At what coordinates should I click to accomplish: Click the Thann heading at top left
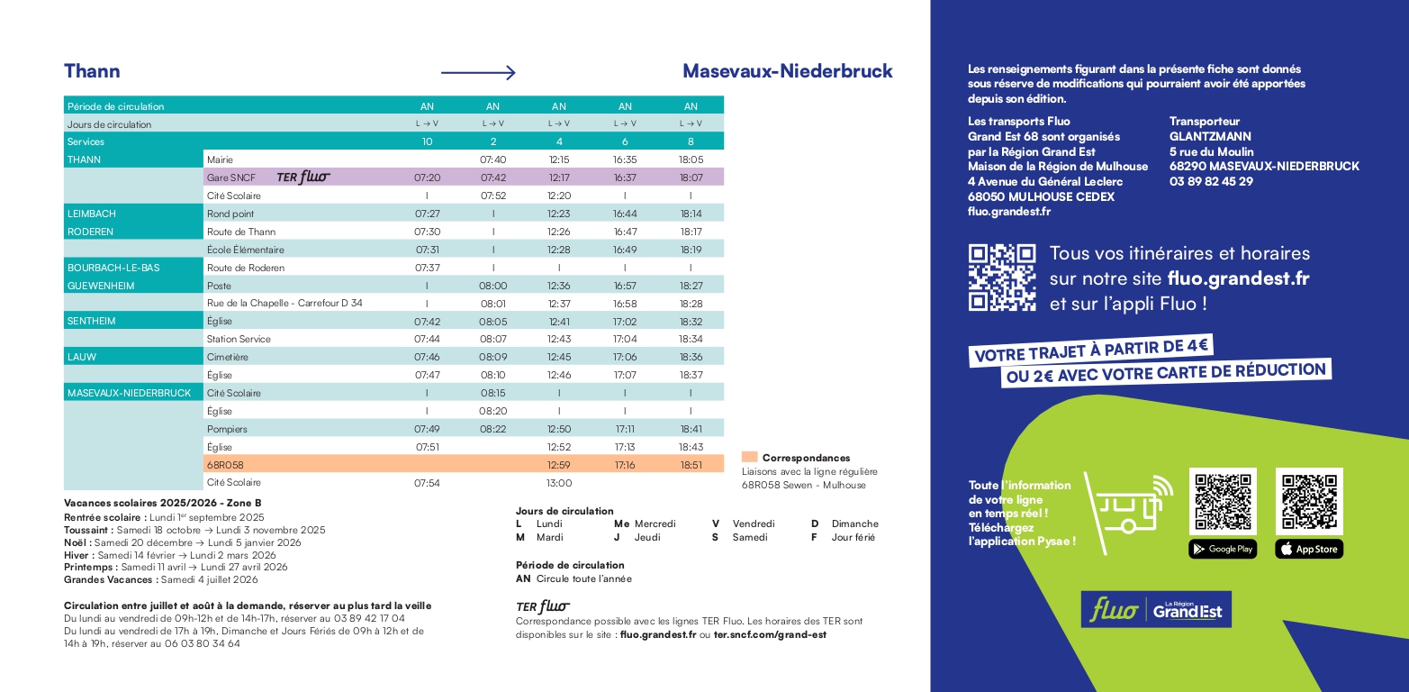(x=92, y=71)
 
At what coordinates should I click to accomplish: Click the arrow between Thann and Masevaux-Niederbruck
(x=477, y=73)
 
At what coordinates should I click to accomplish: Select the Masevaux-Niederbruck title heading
(x=787, y=71)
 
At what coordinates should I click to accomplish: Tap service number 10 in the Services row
(x=427, y=141)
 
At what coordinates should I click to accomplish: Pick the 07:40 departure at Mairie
(x=492, y=159)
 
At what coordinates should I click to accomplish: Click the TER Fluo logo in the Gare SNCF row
(x=303, y=178)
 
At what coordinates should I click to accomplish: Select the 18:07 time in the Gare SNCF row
(x=691, y=178)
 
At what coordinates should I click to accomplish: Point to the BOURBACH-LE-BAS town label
(x=113, y=268)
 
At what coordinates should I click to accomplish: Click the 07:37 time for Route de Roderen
(x=427, y=268)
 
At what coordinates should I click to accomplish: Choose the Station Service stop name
(x=239, y=339)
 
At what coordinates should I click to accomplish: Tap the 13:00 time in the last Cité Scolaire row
(x=559, y=483)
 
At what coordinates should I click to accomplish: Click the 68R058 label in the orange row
(x=225, y=465)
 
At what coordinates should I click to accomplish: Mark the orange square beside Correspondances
(x=749, y=457)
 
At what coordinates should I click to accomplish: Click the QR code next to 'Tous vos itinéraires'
(x=1002, y=278)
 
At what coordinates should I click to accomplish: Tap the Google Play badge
(x=1222, y=549)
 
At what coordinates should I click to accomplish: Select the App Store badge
(x=1308, y=549)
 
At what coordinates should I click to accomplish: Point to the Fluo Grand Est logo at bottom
(x=1156, y=610)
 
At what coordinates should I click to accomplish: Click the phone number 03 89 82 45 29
(x=1211, y=181)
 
